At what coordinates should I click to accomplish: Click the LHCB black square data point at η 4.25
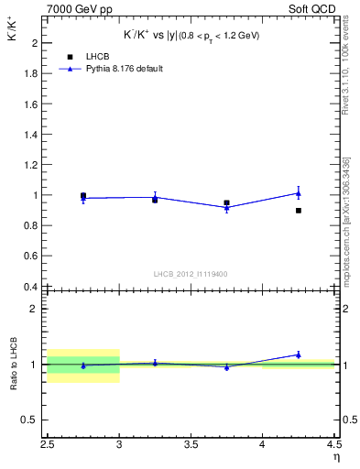click(299, 211)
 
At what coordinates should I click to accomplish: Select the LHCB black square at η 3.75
click(226, 202)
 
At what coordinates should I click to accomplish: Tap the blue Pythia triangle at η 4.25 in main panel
click(299, 193)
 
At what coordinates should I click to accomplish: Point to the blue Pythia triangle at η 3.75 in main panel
click(226, 208)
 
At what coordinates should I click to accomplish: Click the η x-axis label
click(335, 455)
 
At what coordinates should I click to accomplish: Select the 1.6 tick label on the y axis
click(30, 104)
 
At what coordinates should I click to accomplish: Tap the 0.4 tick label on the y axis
click(30, 287)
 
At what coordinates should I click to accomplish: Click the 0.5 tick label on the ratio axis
click(30, 420)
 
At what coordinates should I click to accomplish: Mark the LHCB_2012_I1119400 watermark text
click(189, 274)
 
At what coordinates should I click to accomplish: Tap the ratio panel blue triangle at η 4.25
click(299, 354)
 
